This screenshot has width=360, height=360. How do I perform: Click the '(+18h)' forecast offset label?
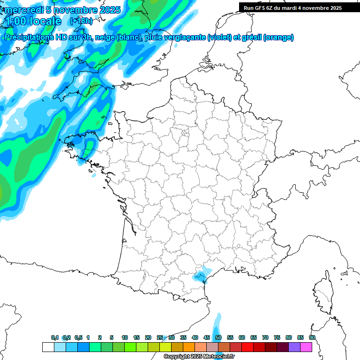(81, 21)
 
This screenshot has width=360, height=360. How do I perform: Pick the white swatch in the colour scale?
(48, 347)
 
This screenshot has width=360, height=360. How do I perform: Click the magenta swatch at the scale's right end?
(306, 347)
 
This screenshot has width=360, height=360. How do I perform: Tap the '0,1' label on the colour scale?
(55, 337)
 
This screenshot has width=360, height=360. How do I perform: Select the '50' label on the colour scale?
(218, 337)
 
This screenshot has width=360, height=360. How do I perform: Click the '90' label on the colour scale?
(312, 337)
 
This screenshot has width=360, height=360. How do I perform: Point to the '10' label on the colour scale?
(124, 337)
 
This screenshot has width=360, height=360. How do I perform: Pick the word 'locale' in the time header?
(46, 21)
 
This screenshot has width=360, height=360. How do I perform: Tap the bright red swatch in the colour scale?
(247, 347)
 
